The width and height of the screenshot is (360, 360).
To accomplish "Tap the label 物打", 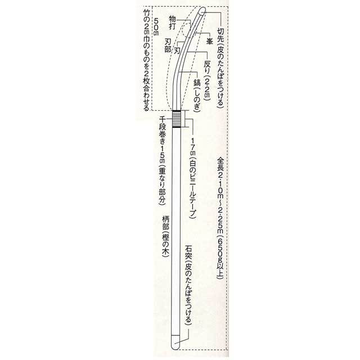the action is coord(173,22).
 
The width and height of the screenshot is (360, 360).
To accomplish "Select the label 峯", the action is coord(209,41).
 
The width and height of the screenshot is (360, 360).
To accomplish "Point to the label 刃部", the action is coord(168,46).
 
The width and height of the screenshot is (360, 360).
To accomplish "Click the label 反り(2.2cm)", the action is coord(207,81).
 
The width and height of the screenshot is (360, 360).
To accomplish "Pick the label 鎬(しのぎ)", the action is coord(197,95).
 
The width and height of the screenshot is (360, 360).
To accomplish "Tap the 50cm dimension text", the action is coord(156,26).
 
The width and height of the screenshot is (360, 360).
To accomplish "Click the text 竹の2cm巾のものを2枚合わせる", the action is coord(146,60).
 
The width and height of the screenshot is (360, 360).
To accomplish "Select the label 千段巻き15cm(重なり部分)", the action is coord(163,160).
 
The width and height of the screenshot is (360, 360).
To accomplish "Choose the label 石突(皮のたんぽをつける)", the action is coord(189,284).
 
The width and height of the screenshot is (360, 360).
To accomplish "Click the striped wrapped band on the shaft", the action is coord(176,119).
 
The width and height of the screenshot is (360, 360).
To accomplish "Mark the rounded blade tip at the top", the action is coord(202,11).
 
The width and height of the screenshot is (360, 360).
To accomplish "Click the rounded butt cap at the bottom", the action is coord(175,343).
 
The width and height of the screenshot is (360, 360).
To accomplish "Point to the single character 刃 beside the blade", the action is coord(177,51).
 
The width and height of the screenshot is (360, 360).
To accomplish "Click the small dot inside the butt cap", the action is coord(175,343).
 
